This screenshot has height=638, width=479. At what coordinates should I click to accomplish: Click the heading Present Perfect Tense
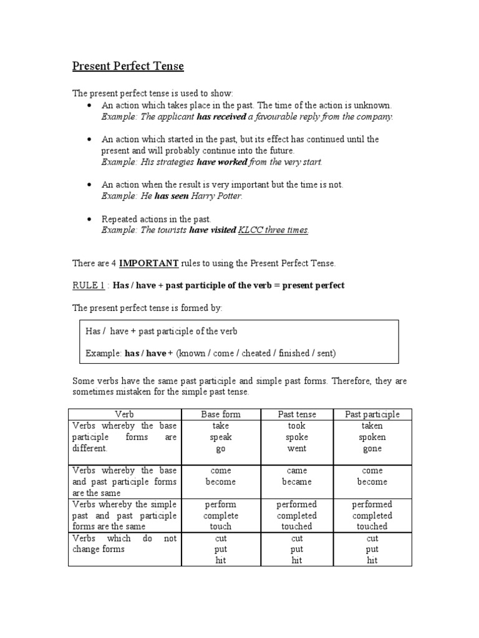point(128,66)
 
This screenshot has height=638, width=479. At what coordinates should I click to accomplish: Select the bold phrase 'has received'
point(221,117)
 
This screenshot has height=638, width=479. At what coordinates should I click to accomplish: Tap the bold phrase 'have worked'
point(222,162)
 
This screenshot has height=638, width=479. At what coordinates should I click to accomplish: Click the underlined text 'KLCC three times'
point(273,230)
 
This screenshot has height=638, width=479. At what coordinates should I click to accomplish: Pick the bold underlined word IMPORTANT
point(149,264)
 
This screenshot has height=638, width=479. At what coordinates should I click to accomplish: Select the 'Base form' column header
point(220,414)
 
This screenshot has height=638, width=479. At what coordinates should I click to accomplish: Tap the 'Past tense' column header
point(296,414)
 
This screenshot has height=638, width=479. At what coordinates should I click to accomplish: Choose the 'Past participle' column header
point(372,414)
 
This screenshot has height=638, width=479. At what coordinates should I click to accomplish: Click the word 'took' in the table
point(296,426)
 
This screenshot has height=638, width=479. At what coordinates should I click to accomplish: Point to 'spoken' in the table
point(372,437)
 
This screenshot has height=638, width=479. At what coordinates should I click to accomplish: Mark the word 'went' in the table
point(296,449)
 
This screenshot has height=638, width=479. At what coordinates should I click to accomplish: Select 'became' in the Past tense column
point(296,482)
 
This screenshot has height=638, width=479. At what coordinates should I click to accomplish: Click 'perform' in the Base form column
point(220,504)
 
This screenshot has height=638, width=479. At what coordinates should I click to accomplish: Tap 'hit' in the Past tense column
point(296,560)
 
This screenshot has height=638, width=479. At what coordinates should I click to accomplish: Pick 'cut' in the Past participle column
point(372,538)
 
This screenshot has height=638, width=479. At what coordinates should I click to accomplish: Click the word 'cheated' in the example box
point(255,353)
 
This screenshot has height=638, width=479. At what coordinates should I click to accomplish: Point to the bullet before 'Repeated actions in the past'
point(91,219)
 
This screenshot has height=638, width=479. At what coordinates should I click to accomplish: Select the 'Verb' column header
point(124,414)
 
